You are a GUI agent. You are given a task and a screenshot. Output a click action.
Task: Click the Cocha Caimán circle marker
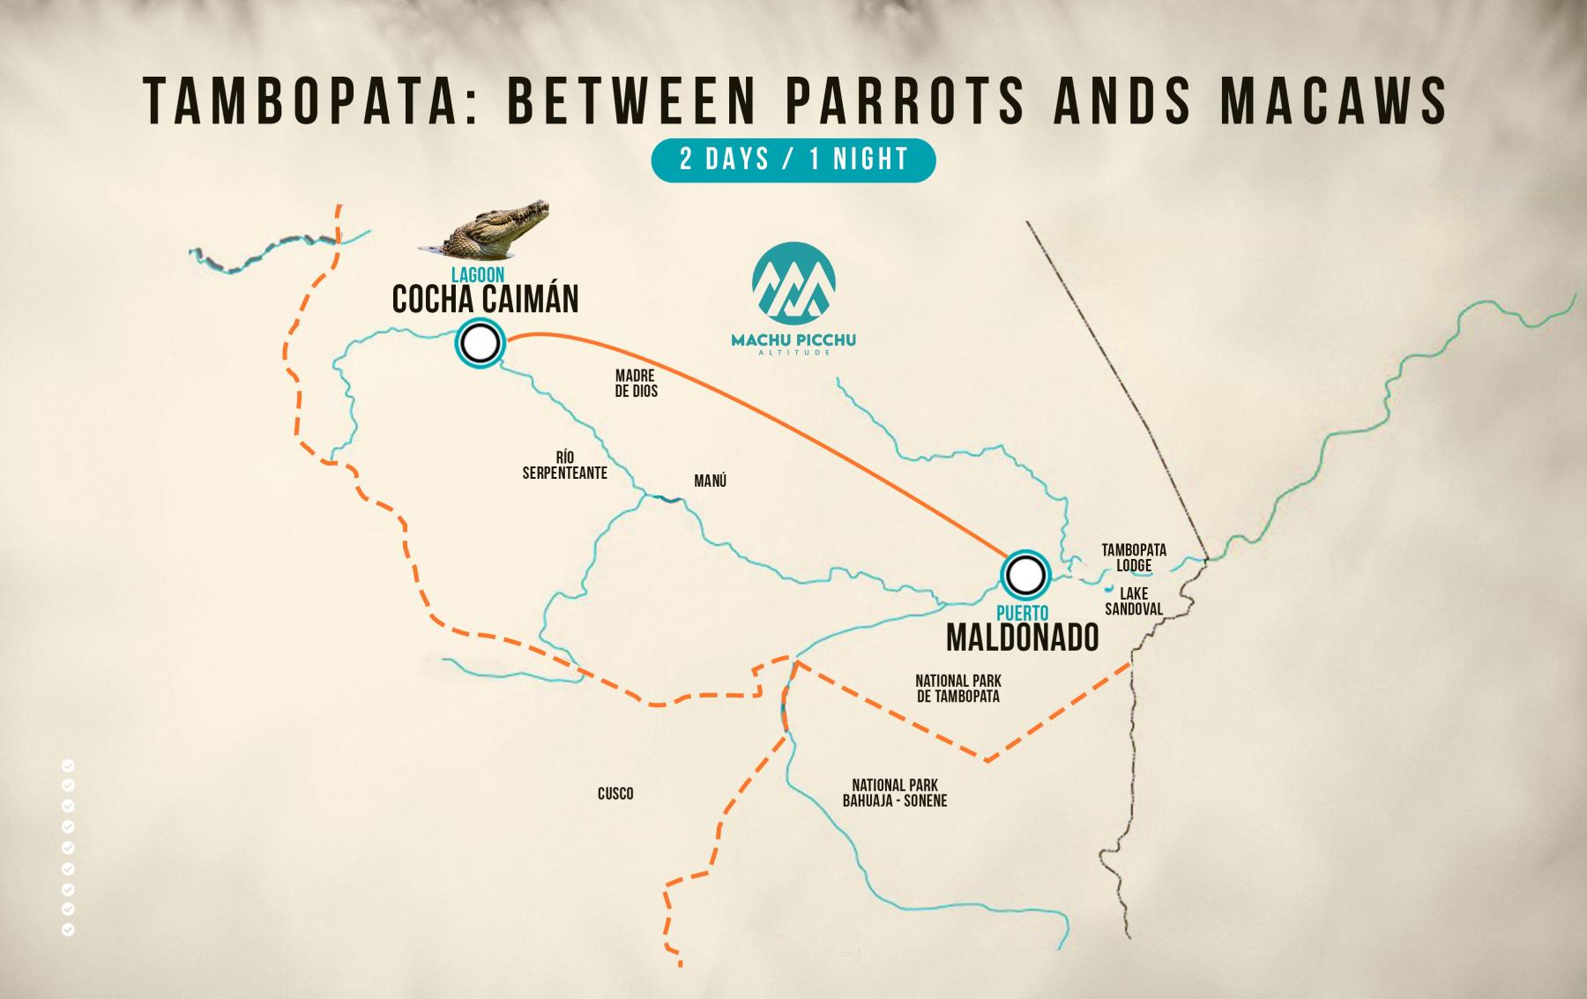[x=480, y=342]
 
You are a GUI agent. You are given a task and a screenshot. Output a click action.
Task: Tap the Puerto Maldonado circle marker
[x=1024, y=576]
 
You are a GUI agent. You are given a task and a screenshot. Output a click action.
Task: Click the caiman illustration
[x=485, y=228]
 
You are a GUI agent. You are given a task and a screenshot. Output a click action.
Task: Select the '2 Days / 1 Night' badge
[x=793, y=160]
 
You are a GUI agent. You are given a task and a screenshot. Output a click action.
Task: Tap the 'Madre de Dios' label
[x=636, y=384]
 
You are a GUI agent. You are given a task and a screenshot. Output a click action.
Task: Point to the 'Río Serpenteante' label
[x=564, y=466]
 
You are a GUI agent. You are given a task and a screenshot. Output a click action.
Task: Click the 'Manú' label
[x=710, y=481]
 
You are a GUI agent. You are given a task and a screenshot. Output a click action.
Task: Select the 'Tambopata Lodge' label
[x=1133, y=557]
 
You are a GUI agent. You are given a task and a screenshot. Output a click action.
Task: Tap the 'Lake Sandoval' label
[x=1134, y=601]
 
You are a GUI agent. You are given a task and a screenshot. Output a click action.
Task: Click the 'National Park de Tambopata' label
[x=957, y=689]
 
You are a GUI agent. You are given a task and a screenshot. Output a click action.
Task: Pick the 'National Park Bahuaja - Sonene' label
[x=894, y=793]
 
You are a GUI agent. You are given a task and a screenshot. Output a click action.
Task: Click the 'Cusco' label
[x=615, y=794]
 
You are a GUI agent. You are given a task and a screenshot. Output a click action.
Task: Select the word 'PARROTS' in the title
[x=904, y=101]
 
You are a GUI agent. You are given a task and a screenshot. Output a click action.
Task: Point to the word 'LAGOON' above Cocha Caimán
[x=478, y=276]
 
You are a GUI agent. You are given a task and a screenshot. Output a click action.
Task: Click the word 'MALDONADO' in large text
[x=1022, y=637]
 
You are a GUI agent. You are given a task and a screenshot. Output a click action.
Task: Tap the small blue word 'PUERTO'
[x=1023, y=613]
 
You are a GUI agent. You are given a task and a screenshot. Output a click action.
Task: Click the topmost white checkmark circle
[x=68, y=764]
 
